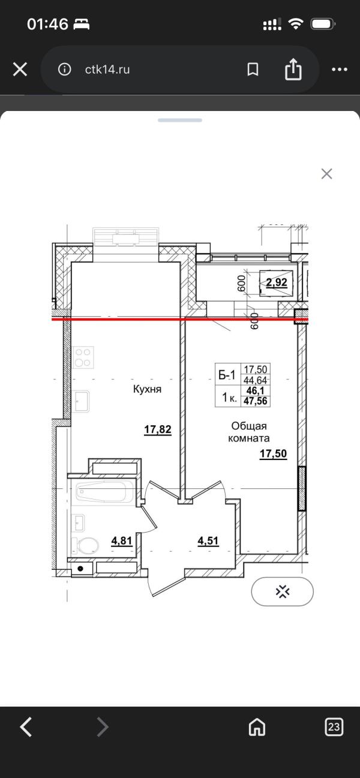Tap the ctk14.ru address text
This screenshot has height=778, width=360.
pyautogui.click(x=107, y=70)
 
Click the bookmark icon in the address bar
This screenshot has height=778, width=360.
pyautogui.click(x=253, y=70)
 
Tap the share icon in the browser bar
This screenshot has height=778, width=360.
pyautogui.click(x=293, y=69)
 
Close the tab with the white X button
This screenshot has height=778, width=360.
pyautogui.click(x=20, y=70)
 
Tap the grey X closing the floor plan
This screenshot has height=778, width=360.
pyautogui.click(x=326, y=174)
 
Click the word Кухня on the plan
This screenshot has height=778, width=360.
pyautogui.click(x=148, y=389)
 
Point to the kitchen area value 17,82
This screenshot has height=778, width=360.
pyautogui.click(x=158, y=429)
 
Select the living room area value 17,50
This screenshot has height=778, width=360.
pyautogui.click(x=274, y=453)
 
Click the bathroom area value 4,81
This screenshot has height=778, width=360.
pyautogui.click(x=122, y=541)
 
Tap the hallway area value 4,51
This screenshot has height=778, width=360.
pyautogui.click(x=208, y=541)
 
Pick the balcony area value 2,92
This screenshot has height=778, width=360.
pyautogui.click(x=277, y=283)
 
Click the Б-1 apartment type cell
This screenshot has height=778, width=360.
pyautogui.click(x=227, y=375)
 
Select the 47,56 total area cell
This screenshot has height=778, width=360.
pyautogui.click(x=256, y=401)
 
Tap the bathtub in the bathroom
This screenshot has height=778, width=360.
pyautogui.click(x=105, y=492)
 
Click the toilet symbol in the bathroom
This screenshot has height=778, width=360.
pyautogui.click(x=85, y=546)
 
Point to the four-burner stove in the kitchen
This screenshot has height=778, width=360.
pyautogui.click(x=83, y=358)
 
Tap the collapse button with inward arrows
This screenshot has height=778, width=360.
pyautogui.click(x=283, y=591)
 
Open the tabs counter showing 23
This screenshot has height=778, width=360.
pyautogui.click(x=334, y=726)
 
